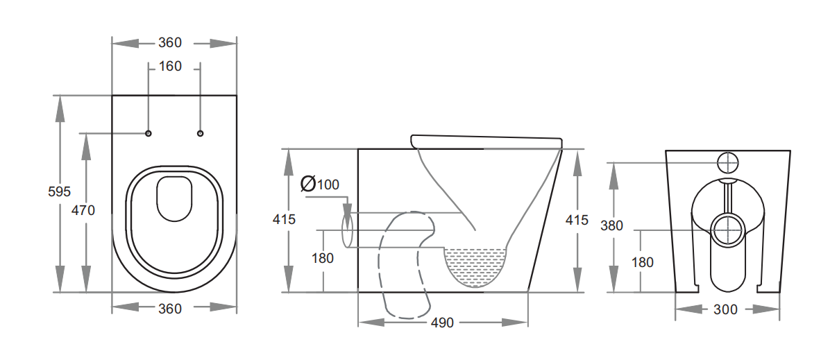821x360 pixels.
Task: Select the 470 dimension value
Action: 83,210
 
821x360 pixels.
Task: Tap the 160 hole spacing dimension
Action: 170,67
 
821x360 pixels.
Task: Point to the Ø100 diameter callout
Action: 319,184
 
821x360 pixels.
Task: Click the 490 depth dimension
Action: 442,323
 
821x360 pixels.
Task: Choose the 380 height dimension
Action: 611,225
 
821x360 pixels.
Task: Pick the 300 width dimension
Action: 725,309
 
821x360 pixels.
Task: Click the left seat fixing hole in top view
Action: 149,133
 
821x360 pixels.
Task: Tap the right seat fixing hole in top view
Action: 201,133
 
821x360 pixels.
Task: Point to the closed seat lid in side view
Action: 486,141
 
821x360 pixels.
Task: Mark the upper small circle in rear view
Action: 727,162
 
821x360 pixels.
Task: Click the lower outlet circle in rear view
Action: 727,229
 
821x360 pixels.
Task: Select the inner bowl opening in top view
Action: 174,199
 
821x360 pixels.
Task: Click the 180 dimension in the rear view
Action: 643,262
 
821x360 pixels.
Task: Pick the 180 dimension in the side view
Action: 322,258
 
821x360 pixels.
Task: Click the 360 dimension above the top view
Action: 169,43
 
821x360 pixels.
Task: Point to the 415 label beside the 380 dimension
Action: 577,220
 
